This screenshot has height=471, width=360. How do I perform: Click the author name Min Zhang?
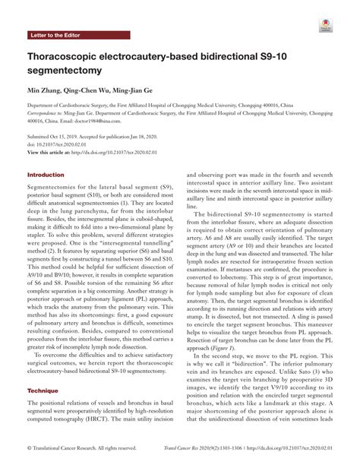coord(44,90)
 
